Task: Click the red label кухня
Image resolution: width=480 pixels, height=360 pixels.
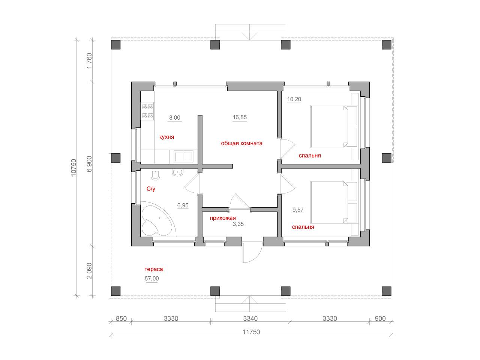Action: (166, 137)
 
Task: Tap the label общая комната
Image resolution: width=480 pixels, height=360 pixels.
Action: (241, 143)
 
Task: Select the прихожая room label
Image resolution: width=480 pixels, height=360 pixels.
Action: (223, 218)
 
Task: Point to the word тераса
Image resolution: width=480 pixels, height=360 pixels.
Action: (153, 269)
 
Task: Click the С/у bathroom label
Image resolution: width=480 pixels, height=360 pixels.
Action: (151, 189)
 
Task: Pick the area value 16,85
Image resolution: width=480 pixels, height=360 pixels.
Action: (240, 117)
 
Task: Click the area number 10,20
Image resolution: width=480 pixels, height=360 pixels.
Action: (294, 99)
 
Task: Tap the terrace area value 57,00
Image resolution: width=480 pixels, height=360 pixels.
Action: (151, 279)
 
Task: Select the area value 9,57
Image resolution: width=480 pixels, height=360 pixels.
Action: (298, 210)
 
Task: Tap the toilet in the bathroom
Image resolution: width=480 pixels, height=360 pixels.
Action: (156, 174)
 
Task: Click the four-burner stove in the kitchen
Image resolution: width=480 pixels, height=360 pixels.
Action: (148, 111)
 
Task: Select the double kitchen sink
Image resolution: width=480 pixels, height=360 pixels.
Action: (183, 156)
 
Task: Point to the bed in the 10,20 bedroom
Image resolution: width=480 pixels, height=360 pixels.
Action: (334, 126)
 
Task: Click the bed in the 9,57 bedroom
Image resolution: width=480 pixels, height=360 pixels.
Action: (334, 202)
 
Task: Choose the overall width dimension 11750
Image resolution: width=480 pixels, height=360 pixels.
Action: (251, 332)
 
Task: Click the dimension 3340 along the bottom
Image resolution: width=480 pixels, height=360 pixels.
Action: (250, 318)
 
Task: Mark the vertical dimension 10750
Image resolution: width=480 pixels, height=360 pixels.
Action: (74, 168)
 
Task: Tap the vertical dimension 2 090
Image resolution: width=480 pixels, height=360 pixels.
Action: (89, 271)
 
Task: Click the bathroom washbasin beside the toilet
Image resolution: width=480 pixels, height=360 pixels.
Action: (177, 172)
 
